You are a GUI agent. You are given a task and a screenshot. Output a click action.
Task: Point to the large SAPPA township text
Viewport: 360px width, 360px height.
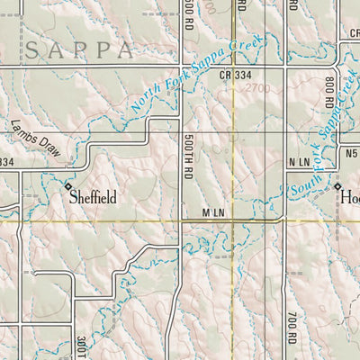tap(82, 50)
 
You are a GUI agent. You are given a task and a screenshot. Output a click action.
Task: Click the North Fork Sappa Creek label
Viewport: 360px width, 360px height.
tap(194, 76)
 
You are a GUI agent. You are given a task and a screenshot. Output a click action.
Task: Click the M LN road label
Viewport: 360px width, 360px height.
tap(213, 211)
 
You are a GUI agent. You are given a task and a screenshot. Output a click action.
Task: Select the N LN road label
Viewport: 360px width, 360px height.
tap(299, 161)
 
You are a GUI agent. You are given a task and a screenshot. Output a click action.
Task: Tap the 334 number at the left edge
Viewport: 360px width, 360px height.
tap(6, 162)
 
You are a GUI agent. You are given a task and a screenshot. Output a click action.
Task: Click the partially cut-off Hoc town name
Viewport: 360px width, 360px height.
tap(351, 195)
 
